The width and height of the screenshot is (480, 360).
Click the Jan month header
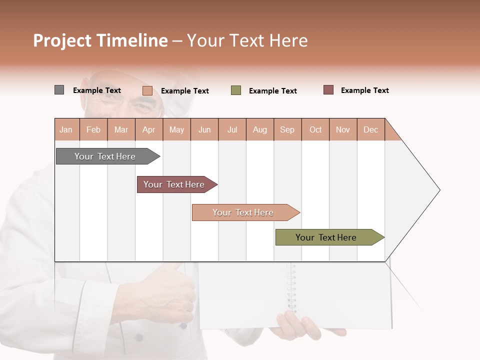click(66, 129)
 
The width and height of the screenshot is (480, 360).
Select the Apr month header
click(148, 129)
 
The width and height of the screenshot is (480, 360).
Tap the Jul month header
click(232, 129)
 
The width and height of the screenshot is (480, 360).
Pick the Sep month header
click(287, 129)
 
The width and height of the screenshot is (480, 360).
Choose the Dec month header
click(370, 129)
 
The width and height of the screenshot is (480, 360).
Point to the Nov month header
click(342, 129)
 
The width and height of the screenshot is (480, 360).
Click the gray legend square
click(59, 90)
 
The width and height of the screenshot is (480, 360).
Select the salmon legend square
click(147, 90)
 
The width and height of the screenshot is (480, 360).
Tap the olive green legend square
click(236, 90)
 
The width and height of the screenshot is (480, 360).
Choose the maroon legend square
click(328, 90)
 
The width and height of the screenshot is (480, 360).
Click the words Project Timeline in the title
click(100, 40)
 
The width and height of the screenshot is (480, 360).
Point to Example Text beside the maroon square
click(364, 90)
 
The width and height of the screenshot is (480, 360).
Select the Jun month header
click(204, 129)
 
